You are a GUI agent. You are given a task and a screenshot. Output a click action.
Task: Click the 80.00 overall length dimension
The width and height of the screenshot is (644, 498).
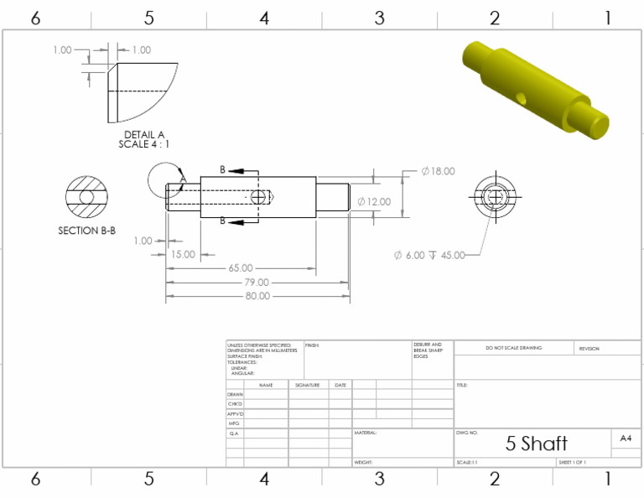(x=257, y=296)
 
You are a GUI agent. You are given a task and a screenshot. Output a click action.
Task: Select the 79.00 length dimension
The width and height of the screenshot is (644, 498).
(x=257, y=283)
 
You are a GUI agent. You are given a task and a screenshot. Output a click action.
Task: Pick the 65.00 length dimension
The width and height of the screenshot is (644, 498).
(x=240, y=268)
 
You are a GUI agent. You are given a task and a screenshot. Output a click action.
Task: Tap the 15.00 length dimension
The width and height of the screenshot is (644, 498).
(x=183, y=254)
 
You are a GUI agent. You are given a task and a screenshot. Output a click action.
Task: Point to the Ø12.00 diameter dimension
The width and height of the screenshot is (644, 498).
(x=374, y=202)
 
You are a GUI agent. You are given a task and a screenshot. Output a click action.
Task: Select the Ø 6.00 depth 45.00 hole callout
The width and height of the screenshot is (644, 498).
(x=429, y=255)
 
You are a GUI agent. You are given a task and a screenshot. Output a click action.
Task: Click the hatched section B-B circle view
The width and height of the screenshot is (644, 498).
(x=86, y=197)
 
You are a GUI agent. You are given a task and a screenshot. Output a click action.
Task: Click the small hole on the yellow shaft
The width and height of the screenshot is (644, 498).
(x=521, y=98)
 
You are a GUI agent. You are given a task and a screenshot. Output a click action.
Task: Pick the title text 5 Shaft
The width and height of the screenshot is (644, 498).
(x=536, y=444)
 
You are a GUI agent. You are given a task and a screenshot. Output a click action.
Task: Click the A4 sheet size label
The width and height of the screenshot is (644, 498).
(x=626, y=438)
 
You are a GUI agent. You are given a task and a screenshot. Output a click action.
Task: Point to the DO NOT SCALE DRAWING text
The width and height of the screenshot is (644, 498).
(x=513, y=348)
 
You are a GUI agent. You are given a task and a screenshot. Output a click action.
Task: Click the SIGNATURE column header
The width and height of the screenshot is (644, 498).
(x=308, y=385)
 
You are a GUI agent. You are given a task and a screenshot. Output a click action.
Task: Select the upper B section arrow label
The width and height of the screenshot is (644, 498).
(x=223, y=170)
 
